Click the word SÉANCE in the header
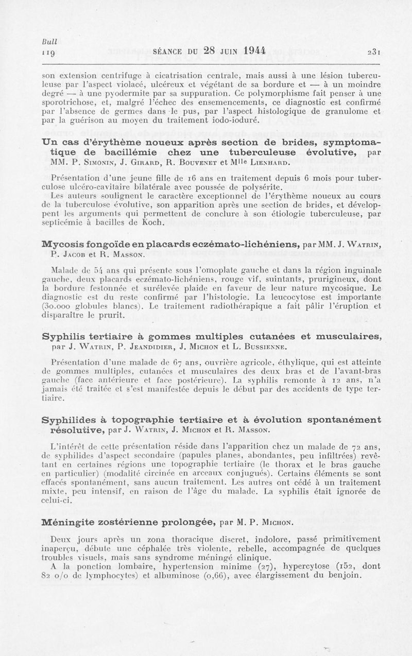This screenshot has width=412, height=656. [x=170, y=51]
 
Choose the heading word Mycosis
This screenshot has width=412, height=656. [x=63, y=244]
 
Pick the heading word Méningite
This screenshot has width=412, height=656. [x=69, y=523]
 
